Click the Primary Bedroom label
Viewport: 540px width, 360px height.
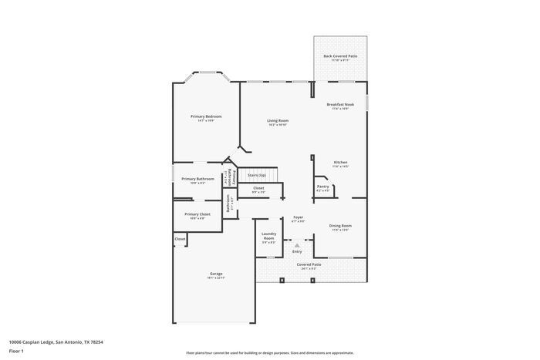pos(206,116)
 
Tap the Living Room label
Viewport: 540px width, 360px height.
pos(278,121)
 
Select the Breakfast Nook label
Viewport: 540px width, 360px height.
pos(340,104)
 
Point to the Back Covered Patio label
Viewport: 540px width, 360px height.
pos(340,56)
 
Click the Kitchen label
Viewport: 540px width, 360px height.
pos(340,163)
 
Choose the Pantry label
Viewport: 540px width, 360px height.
pos(322,186)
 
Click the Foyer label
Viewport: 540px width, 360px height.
pos(298,218)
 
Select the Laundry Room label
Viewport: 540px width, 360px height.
pos(268,236)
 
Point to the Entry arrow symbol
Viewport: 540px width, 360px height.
pos(297,245)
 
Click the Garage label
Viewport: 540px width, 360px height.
pos(215,274)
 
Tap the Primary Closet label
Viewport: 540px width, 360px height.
pos(197,214)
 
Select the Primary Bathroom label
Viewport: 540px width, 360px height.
pos(197,179)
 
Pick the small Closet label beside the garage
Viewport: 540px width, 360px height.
pos(180,239)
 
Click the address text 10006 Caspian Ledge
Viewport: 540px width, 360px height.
pos(56,341)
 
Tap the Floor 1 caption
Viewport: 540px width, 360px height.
pos(16,351)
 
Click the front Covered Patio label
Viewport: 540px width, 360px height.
pos(309,264)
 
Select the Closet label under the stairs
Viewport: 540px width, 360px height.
pos(258,188)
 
